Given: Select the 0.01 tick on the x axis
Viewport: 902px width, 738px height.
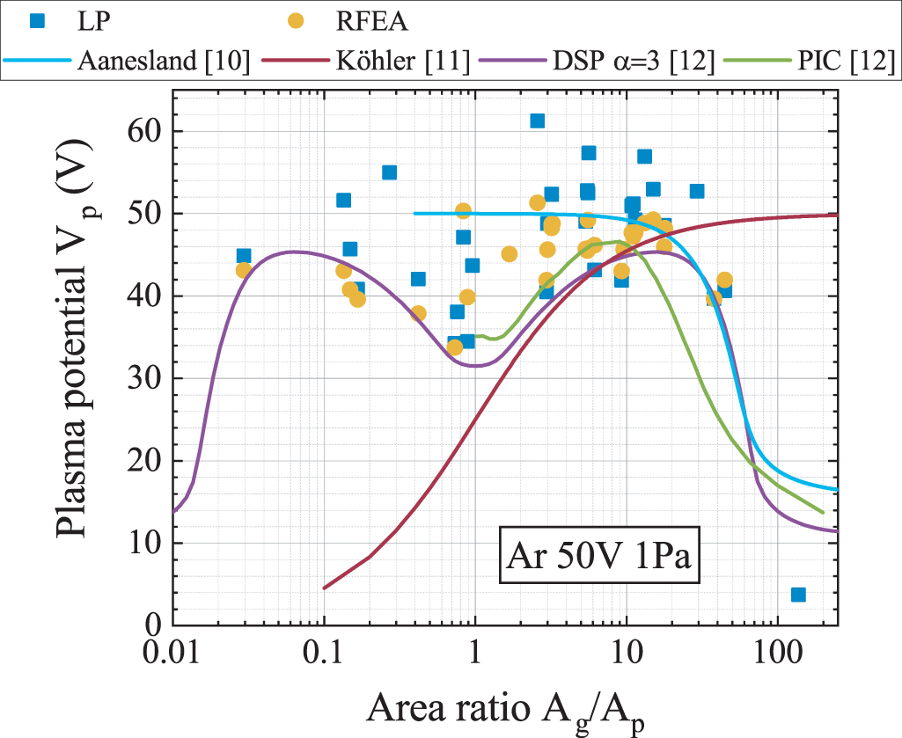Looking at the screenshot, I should tap(172, 656).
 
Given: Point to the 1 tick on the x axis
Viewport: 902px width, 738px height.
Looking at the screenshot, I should tap(475, 656).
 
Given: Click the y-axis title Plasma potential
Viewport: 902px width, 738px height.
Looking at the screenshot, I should tap(79, 361).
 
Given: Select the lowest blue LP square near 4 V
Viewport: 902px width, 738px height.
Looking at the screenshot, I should tap(798, 595).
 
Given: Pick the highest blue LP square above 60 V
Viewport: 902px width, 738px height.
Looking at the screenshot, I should tap(537, 121).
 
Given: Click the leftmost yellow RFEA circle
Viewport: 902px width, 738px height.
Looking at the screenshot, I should tap(243, 270).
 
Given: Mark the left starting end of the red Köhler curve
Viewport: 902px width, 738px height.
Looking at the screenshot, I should tap(325, 588).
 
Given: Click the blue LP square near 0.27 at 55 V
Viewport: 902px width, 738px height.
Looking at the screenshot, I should tap(389, 172).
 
